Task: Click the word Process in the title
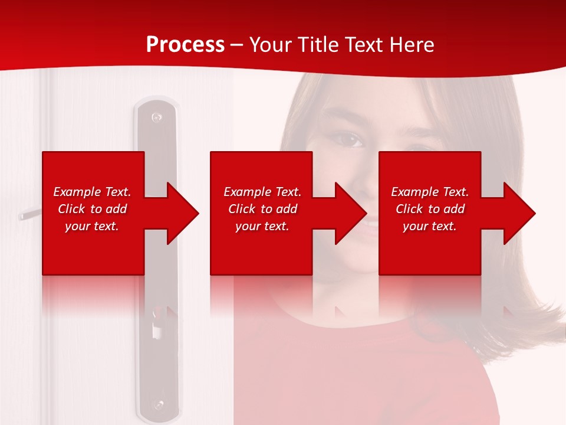[x=185, y=45]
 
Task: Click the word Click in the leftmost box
[x=72, y=209]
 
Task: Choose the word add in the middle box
[x=286, y=209]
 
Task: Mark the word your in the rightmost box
[x=415, y=226]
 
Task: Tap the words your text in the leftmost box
[x=92, y=226]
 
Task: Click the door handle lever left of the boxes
[x=29, y=213]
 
